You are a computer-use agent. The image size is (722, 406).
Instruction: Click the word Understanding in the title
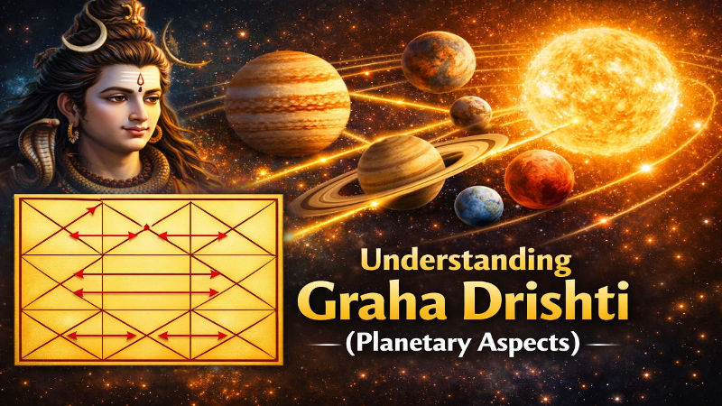tap(467, 263)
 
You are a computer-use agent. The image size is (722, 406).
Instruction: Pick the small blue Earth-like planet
tap(478, 206)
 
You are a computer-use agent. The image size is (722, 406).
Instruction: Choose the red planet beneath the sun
tap(541, 179)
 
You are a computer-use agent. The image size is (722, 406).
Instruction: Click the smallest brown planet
tap(471, 113)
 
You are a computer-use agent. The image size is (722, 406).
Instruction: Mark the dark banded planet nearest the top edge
tap(438, 61)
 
